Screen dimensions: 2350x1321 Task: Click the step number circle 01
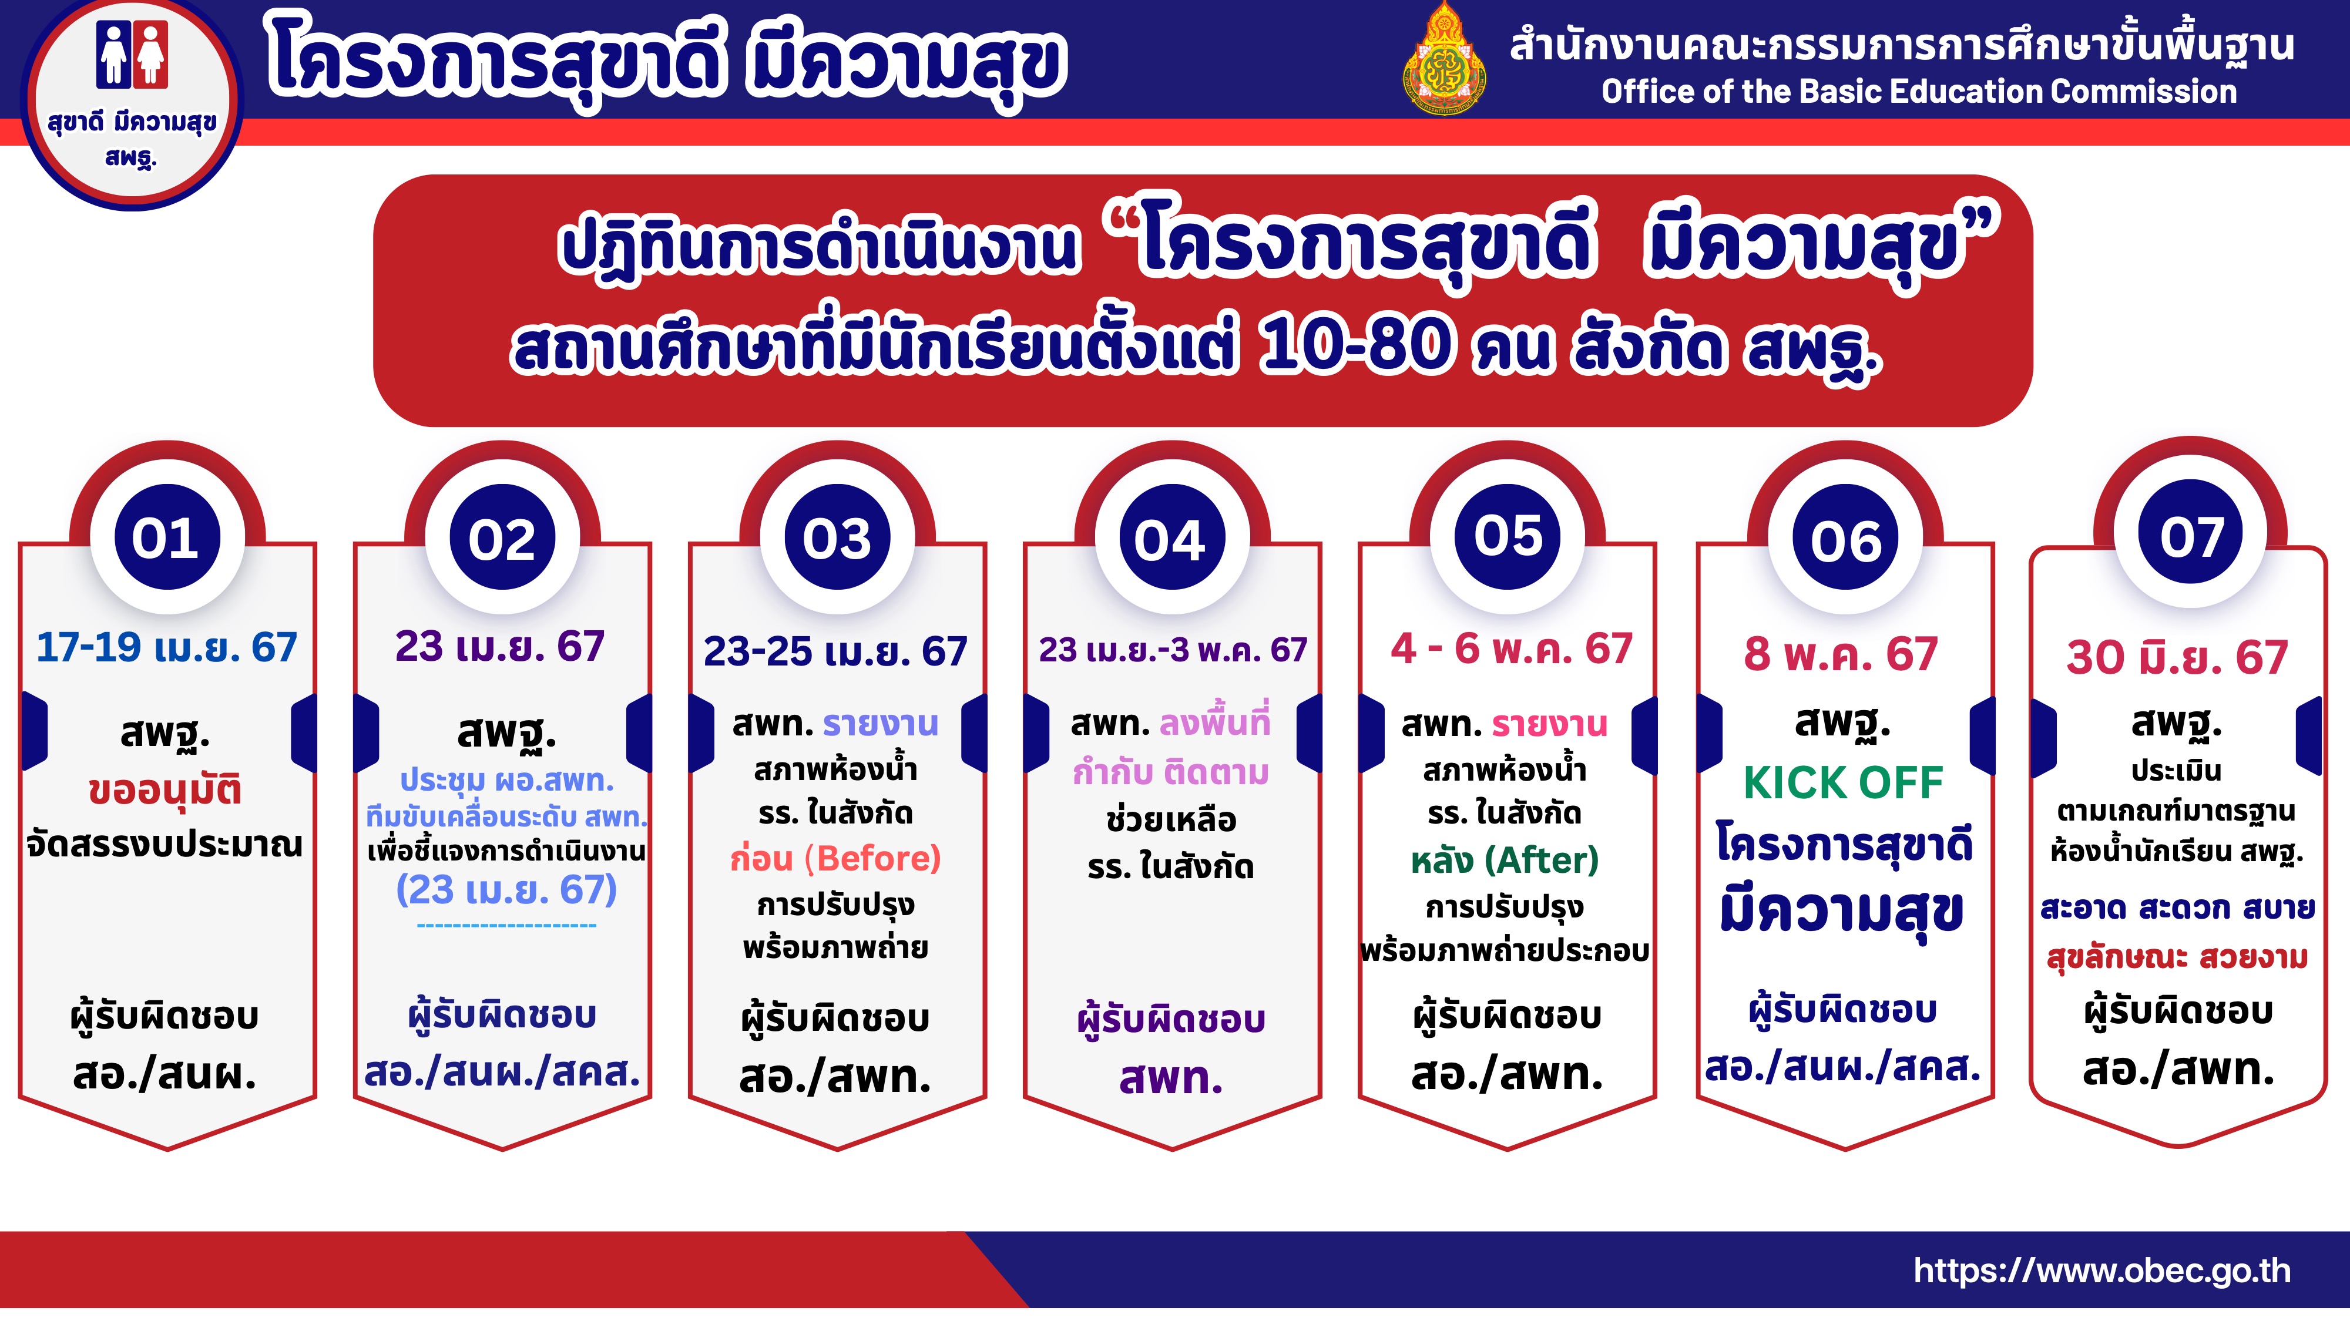pos(167,537)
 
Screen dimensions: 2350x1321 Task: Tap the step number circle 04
pos(1171,538)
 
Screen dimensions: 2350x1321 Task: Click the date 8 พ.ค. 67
pos(1841,654)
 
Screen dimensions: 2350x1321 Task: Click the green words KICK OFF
pos(1843,783)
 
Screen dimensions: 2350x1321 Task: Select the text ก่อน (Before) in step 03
pos(835,859)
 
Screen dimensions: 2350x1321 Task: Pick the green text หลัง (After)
pos(1505,861)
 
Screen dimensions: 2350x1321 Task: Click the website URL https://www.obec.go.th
pos(2103,1270)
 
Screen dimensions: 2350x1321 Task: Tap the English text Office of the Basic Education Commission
pos(1919,91)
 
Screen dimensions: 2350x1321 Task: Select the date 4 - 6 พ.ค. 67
pos(1510,648)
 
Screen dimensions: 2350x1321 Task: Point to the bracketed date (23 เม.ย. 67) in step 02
pos(506,889)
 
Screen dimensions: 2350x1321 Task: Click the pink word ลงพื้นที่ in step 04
pos(1215,722)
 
